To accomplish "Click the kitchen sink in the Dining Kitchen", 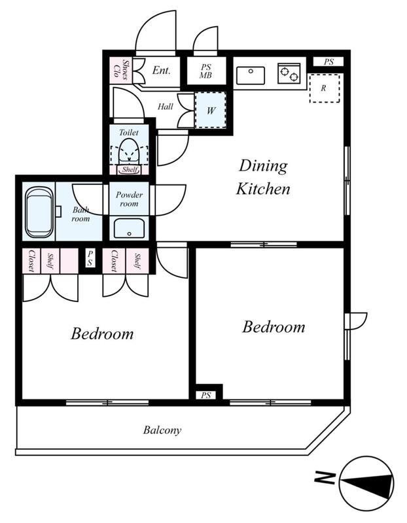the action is coord(251,75).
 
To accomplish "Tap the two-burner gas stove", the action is coord(289,74).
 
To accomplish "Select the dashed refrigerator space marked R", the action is coord(325,88).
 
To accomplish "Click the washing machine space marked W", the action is coord(210,110).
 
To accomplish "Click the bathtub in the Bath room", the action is coord(39,212).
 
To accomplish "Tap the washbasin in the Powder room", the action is coord(129,228).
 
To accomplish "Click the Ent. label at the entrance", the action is coord(161,70).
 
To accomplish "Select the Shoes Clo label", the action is coord(121,71).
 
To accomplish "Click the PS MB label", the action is coord(205,71).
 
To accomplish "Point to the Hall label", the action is coord(166,107).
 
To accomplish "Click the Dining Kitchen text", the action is coord(263,177).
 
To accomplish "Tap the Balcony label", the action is coord(162,430).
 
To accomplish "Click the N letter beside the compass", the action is coord(325,478).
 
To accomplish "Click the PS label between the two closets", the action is coord(90,258).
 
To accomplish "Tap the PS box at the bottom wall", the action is coord(206,396).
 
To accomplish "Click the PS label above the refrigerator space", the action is coord(328,61).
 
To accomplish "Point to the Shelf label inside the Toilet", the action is coord(130,169).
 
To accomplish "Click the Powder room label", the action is coord(129,199).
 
